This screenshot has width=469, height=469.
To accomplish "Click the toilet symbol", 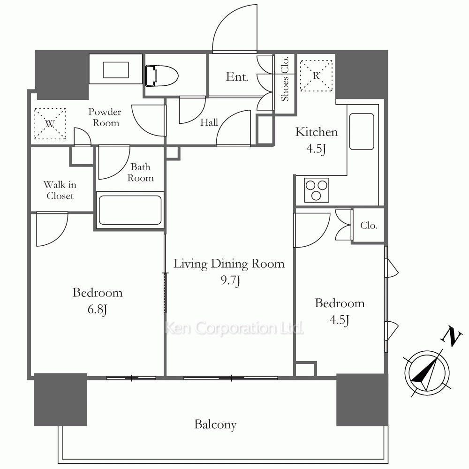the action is coord(162,76).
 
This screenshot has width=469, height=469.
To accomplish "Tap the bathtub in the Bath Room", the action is coord(130,210).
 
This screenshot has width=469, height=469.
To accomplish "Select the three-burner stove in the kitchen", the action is coord(317,190).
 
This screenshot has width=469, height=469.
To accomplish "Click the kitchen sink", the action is coord(362,131).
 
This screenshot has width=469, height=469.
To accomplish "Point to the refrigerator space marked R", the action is coord(316,76).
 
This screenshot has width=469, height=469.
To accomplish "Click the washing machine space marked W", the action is coord(50,123).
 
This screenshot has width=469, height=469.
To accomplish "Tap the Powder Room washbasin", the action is coord(116,70).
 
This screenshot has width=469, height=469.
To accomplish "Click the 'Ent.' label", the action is coord(237,77).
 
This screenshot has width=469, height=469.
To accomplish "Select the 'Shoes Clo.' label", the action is coord(285,79).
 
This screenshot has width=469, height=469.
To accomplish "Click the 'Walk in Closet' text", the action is coord(60,190).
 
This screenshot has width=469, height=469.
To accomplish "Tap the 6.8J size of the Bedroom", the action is coord(97,309).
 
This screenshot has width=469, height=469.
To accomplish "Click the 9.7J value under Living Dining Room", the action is coord(230,280).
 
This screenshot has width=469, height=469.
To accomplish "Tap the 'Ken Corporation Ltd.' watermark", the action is coord(234,328).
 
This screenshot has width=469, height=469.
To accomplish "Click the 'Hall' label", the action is coord(209,122).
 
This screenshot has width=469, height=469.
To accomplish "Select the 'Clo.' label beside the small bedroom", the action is coord(369,225).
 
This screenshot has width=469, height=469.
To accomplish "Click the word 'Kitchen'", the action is coord(317,132).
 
